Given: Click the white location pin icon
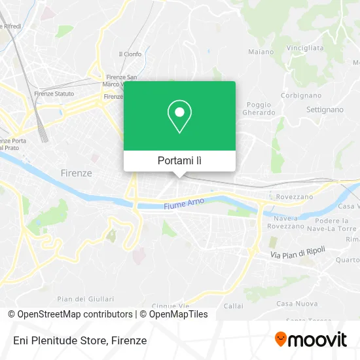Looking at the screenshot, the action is pos(179,116).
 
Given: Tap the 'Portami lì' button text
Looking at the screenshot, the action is pos(179,160).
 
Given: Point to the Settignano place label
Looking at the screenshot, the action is pos(325,109).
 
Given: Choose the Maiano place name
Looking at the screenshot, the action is pos(261,51).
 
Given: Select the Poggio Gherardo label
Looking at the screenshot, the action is pos(261,108).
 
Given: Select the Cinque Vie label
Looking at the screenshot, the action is pos(166,306).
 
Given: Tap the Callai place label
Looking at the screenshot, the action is pos(233,305).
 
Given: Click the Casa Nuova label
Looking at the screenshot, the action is pos(293,303).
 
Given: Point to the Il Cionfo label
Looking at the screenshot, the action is pos(130,54).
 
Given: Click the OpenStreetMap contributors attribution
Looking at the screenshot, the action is pos(70,314).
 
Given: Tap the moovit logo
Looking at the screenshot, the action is pos(310,340).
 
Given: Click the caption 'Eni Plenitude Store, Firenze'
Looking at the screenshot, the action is pos(79,340).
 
